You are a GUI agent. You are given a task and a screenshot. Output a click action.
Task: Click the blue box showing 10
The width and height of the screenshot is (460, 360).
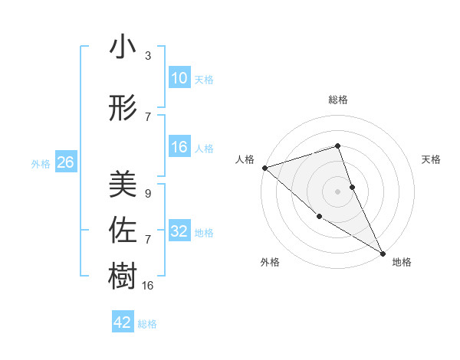(x=179, y=78)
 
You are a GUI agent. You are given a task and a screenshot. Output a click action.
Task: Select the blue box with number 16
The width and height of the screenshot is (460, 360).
(x=179, y=148)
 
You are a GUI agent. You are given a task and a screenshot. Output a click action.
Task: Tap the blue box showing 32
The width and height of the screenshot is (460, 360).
(x=179, y=231)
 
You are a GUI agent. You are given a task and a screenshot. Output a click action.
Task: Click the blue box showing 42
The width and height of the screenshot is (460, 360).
(x=123, y=322)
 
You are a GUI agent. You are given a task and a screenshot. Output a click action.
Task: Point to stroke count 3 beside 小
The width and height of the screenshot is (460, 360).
(x=148, y=56)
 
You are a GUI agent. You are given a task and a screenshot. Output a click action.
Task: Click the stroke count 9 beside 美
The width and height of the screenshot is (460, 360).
(x=148, y=194)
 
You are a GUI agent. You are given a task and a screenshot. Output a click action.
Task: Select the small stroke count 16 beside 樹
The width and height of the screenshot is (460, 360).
(x=149, y=286)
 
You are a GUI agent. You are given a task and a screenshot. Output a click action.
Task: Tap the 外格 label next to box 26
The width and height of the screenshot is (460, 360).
(x=41, y=163)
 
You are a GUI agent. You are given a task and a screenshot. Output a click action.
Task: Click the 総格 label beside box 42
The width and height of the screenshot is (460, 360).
(x=147, y=323)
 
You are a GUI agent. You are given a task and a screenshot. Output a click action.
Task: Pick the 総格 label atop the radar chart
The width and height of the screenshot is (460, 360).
(x=338, y=100)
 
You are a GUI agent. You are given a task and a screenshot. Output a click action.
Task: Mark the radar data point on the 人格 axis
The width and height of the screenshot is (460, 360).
(x=264, y=168)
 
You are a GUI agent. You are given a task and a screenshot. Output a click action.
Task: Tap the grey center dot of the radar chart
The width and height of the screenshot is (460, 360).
(x=337, y=191)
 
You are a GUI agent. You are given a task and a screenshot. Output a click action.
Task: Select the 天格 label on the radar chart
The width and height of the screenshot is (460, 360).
(x=431, y=159)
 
